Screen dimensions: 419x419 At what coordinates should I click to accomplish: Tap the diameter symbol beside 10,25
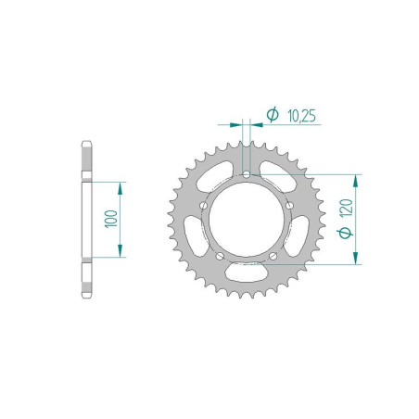pos(272,115)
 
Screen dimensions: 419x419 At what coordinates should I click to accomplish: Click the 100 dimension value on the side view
pos(111,220)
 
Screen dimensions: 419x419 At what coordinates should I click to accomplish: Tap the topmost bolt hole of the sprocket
pos(246,173)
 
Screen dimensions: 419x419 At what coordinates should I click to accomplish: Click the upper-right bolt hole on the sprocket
pos(289,204)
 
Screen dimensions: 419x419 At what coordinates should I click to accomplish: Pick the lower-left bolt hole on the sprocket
pos(218,255)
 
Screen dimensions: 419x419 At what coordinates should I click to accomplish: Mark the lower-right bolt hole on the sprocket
pos(274,257)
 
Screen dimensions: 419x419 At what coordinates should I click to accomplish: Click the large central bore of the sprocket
pos(246,220)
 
